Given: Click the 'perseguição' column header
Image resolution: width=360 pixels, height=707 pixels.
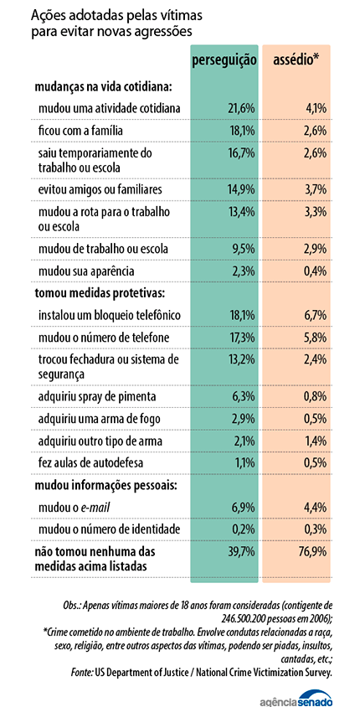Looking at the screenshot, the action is coord(224,62).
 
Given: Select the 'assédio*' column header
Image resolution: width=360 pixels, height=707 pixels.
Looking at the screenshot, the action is coord(296,61).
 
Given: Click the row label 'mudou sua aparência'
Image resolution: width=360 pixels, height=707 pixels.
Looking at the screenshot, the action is coord(86,272).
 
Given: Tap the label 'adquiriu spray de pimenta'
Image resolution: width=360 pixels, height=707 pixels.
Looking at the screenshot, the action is coord(97,397).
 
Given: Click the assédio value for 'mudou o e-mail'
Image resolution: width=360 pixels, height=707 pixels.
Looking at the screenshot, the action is coord(315,508).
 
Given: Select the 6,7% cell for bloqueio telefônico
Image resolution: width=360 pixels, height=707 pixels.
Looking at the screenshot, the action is coord(315,315).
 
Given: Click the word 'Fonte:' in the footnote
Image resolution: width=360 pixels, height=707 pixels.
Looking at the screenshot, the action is coord(81,673).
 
